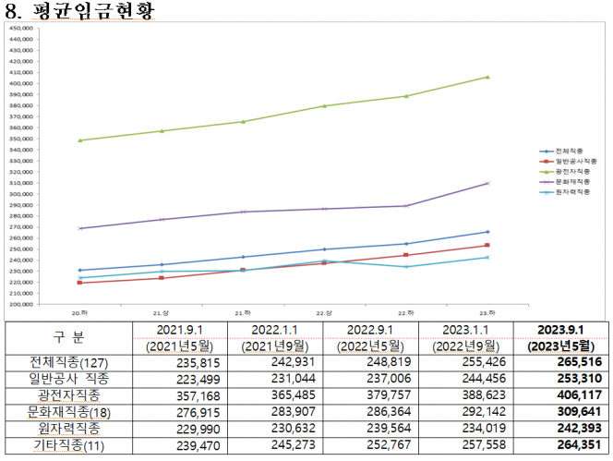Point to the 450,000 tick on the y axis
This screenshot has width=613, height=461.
click(x=21, y=29)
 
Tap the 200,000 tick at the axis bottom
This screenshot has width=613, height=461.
click(x=21, y=303)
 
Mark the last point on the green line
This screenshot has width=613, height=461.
click(x=487, y=77)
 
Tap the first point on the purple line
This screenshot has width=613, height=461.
click(x=80, y=228)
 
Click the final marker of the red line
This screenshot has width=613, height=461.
click(x=487, y=245)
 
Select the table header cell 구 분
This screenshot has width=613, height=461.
click(x=65, y=338)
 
